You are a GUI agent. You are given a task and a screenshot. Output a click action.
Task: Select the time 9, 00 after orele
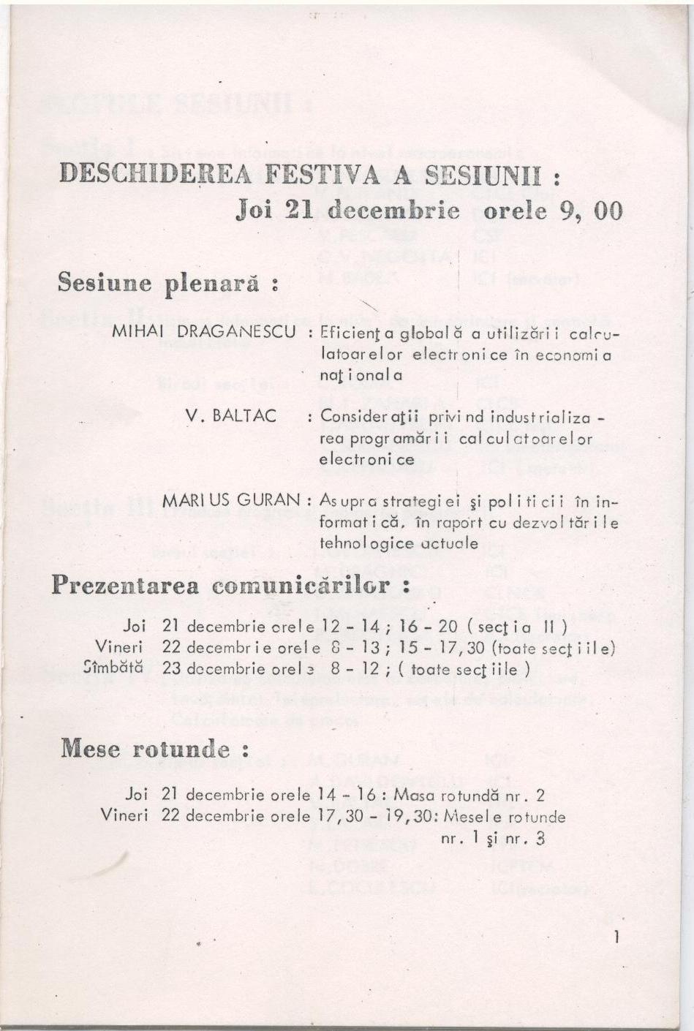[x=595, y=211]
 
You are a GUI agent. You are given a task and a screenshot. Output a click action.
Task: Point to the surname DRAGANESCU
[x=237, y=331]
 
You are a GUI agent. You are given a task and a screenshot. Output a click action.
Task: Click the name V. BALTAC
[x=231, y=416]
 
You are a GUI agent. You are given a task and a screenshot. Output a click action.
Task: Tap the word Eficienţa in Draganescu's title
[x=355, y=333]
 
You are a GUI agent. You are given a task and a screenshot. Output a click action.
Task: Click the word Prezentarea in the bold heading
[x=125, y=586]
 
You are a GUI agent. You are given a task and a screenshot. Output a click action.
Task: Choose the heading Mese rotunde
[x=155, y=749]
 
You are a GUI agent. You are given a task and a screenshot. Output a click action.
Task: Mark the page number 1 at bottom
[x=616, y=937]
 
